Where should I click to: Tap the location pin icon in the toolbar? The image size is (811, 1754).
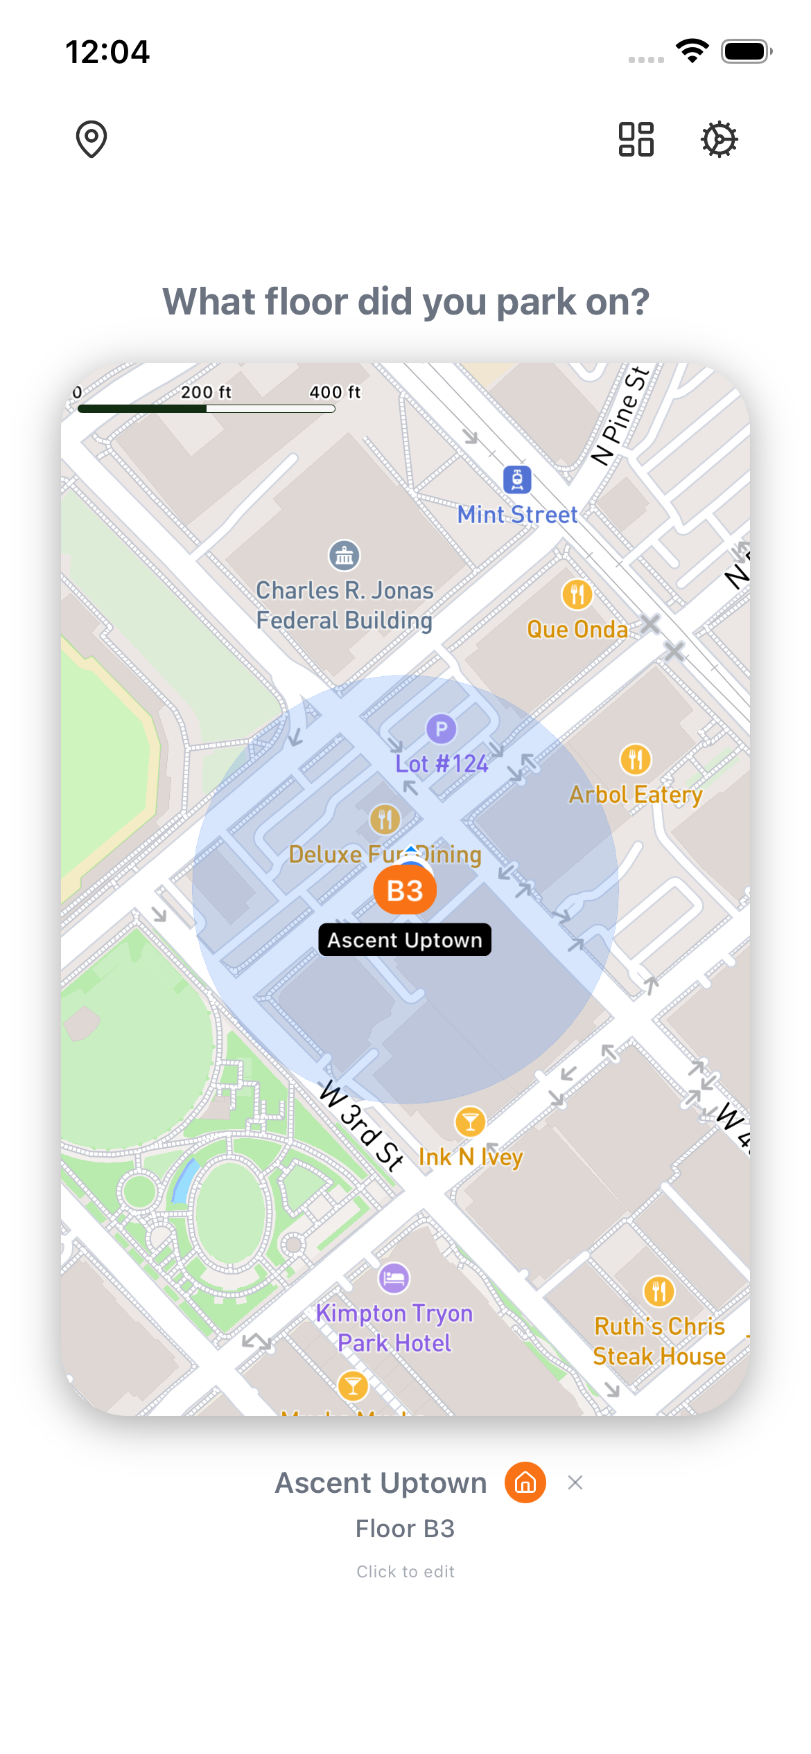coord(91,139)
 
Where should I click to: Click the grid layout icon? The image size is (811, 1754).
coord(636,139)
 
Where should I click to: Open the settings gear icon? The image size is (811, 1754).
coord(719,139)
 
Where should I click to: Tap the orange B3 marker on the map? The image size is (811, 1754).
coord(405,890)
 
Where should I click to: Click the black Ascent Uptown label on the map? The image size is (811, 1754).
coord(405,940)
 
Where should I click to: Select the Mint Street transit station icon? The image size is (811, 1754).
coord(517,479)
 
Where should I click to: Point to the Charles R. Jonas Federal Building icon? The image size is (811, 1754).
coord(344,556)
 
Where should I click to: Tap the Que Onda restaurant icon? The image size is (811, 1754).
coord(577,594)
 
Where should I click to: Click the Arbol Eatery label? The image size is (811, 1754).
coord(636,795)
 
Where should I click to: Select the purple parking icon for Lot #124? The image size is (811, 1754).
coord(441,729)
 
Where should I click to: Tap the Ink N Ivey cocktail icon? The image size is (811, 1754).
coord(470,1122)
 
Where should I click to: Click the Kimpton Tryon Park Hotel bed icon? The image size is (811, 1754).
coord(394,1278)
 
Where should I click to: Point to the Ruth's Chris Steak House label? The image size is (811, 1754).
coord(659,1341)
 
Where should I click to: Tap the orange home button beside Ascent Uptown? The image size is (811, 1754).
coord(525,1483)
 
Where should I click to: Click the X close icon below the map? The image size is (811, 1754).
coord(575,1483)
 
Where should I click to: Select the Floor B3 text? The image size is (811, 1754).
coord(405,1529)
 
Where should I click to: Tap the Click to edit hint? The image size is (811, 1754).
coord(405,1572)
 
